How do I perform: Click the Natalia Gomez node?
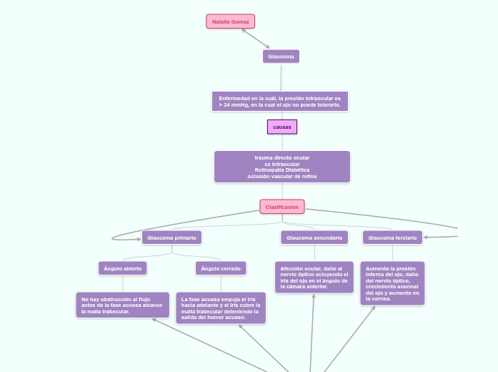(x=230, y=21)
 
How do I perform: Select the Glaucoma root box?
(x=281, y=56)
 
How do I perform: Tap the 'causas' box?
(x=282, y=127)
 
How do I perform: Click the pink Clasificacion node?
(x=282, y=207)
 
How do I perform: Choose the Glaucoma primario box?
(x=171, y=237)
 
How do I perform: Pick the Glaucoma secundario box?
(x=314, y=237)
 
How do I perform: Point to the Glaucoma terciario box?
(x=392, y=237)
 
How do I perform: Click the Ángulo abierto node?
(x=122, y=268)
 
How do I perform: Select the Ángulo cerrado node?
(x=221, y=268)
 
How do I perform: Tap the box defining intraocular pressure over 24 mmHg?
(x=279, y=101)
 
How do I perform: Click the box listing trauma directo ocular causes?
(x=282, y=167)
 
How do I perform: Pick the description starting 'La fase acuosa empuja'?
(x=221, y=308)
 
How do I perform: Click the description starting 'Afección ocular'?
(x=314, y=277)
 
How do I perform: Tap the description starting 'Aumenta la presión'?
(x=392, y=283)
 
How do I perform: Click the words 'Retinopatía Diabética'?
(x=282, y=170)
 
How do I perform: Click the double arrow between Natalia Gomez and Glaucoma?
(x=255, y=39)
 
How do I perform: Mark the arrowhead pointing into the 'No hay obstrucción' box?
(x=154, y=320)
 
